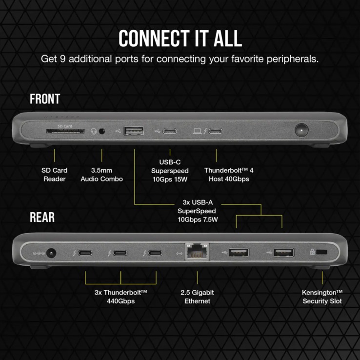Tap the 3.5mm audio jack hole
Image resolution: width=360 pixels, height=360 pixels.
102,131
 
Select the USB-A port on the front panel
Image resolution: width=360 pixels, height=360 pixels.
134,131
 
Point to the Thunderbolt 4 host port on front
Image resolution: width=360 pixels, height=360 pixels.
216,131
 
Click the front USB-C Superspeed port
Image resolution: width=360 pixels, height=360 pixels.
170,131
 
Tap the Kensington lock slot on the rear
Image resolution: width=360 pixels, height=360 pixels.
322,252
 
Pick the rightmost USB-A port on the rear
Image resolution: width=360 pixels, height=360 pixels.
283,252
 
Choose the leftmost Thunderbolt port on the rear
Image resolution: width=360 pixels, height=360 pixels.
85,253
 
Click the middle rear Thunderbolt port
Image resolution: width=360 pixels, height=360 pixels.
120,253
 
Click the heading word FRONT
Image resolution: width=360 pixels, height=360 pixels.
45,99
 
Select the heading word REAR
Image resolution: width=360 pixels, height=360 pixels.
42,217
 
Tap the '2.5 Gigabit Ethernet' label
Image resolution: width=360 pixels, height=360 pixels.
197,297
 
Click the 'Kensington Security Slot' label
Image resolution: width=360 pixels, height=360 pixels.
322,297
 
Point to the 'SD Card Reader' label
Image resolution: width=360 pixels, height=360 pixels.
55,175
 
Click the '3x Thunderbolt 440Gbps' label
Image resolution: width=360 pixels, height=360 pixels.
120,297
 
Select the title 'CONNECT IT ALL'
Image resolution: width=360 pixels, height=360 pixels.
180,38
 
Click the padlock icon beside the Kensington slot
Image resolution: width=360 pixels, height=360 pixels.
312,252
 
